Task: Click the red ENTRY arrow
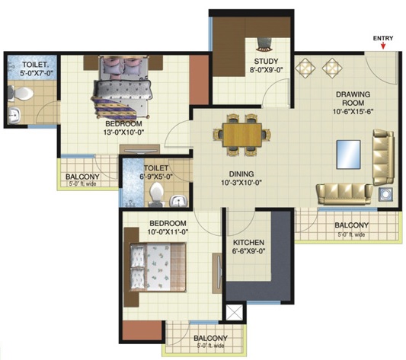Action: click(x=383, y=46)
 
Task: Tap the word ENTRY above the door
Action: click(x=383, y=38)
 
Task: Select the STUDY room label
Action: click(x=266, y=62)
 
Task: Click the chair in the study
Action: click(x=264, y=44)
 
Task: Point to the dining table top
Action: click(x=242, y=135)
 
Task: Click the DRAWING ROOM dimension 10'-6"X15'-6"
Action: click(x=353, y=112)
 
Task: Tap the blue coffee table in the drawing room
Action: click(x=349, y=155)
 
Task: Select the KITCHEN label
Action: click(x=248, y=243)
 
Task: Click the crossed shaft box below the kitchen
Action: click(x=235, y=312)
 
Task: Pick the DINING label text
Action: click(x=241, y=174)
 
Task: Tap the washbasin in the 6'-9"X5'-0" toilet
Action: click(x=178, y=201)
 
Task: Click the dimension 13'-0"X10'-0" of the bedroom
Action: click(x=123, y=132)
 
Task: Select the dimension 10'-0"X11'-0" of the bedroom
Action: click(x=168, y=232)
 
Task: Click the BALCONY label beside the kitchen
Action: click(x=351, y=225)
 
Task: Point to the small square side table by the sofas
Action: click(x=385, y=194)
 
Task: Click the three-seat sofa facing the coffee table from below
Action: click(x=344, y=194)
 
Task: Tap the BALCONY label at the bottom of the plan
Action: click(x=210, y=338)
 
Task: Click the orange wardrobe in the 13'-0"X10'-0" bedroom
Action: click(x=199, y=80)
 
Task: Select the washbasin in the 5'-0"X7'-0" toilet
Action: click(x=14, y=116)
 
